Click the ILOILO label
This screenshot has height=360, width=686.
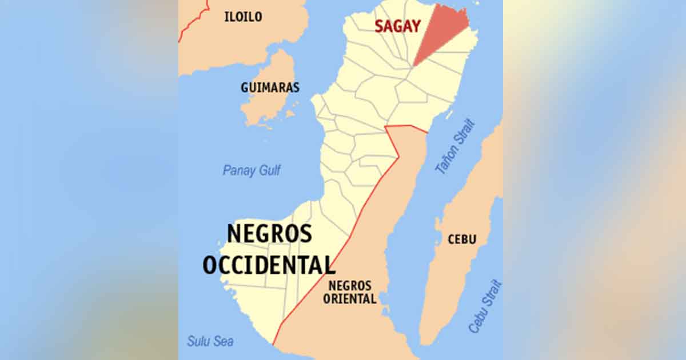tap(244, 17)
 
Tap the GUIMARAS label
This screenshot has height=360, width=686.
tap(262, 88)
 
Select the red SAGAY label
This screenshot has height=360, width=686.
tap(398, 26)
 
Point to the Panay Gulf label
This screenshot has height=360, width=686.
tap(252, 170)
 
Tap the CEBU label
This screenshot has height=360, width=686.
tap(462, 239)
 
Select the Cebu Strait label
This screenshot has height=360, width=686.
tap(485, 306)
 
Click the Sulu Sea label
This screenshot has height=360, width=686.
tap(210, 341)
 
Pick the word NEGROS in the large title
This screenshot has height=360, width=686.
tap(270, 234)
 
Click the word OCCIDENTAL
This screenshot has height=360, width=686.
tap(269, 265)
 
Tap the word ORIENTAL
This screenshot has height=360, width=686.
tap(349, 298)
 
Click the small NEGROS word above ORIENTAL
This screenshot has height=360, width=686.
tap(349, 286)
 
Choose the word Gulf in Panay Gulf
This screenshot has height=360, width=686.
tap(268, 170)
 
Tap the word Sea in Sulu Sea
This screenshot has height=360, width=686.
tap(224, 341)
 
